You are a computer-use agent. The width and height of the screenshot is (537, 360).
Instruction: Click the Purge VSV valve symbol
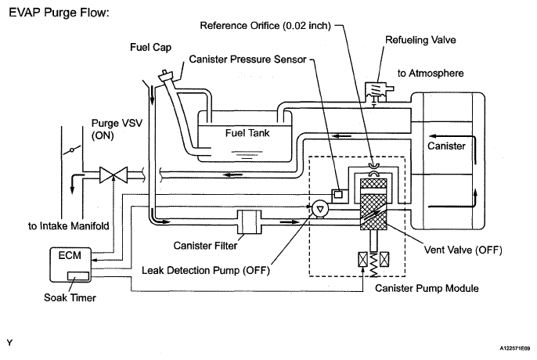pyautogui.click(x=114, y=175)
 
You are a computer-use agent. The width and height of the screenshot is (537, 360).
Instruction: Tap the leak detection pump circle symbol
pyautogui.click(x=320, y=209)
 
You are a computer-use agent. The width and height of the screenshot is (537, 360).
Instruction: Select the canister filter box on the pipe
pyautogui.click(x=249, y=222)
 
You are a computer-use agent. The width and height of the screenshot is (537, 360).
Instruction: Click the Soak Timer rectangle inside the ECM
pyautogui.click(x=78, y=275)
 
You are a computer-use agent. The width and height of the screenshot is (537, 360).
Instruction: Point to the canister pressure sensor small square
pyautogui.click(x=338, y=195)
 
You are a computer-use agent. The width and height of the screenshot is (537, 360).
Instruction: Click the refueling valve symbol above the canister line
pyautogui.click(x=377, y=92)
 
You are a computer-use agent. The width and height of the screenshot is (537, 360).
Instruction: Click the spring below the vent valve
pyautogui.click(x=373, y=264)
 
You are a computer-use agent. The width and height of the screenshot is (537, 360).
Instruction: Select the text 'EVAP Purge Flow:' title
pyautogui.click(x=59, y=13)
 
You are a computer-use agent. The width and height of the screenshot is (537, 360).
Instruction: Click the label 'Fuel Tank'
pyautogui.click(x=247, y=133)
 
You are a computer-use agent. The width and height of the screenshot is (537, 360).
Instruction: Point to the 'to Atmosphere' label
pyautogui.click(x=431, y=73)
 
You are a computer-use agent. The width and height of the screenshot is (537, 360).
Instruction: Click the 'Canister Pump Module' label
pyautogui.click(x=427, y=288)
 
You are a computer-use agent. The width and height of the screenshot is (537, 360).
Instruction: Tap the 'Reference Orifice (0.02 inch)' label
pyautogui.click(x=265, y=26)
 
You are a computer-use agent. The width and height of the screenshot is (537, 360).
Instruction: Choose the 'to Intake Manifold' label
pyautogui.click(x=69, y=226)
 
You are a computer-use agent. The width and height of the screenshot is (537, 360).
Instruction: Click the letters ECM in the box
pyautogui.click(x=70, y=256)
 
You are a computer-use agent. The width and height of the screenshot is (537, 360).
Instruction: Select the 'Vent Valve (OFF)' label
pyautogui.click(x=463, y=250)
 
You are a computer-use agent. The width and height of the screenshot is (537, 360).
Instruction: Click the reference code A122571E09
pyautogui.click(x=515, y=348)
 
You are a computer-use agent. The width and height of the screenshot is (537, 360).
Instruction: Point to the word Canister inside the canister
pyautogui.click(x=446, y=146)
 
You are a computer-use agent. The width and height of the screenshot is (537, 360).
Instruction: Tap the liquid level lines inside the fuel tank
pyautogui.click(x=247, y=155)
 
